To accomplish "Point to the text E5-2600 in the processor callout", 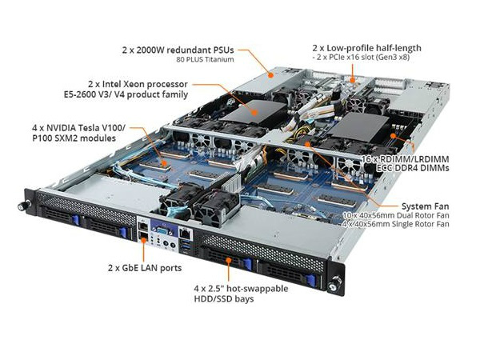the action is (x=79, y=94).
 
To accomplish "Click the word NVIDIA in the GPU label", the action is (x=62, y=127).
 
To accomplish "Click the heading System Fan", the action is (x=426, y=206).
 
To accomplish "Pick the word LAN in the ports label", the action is (x=148, y=268).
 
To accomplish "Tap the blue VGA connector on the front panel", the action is (x=162, y=230).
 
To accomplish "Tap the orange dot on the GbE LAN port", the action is (x=143, y=240).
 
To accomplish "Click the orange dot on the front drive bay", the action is (x=228, y=260).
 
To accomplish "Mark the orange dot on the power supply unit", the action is (x=270, y=74).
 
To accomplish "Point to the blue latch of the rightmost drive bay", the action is (x=310, y=280).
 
